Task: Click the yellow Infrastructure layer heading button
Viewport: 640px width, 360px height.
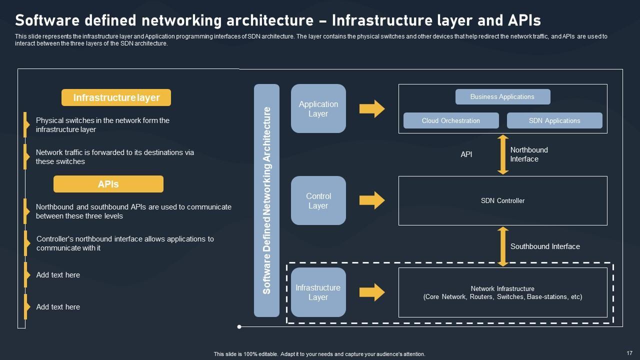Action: click(x=116, y=97)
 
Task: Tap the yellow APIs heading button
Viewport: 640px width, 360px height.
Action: click(x=108, y=184)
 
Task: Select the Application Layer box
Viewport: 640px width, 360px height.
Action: click(x=318, y=108)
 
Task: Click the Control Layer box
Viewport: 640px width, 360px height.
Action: click(x=318, y=200)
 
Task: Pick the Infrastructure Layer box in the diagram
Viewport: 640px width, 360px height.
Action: click(x=318, y=292)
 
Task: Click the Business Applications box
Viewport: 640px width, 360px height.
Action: click(x=502, y=96)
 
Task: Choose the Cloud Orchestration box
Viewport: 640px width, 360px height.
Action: click(x=451, y=120)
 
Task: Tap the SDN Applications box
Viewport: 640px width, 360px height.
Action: click(x=554, y=120)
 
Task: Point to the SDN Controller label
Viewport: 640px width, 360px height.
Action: click(x=502, y=200)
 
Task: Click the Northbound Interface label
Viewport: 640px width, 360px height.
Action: click(x=529, y=154)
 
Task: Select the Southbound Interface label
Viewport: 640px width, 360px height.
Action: click(x=545, y=246)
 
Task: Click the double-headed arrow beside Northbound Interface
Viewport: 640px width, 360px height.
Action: click(x=503, y=154)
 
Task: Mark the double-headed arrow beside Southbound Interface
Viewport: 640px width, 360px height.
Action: click(x=503, y=246)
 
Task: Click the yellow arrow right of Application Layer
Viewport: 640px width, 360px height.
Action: click(x=372, y=108)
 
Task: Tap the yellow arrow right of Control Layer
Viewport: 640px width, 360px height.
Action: click(x=372, y=200)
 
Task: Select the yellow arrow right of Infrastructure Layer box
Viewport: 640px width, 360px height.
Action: click(x=372, y=292)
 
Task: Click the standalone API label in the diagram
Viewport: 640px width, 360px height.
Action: click(x=466, y=154)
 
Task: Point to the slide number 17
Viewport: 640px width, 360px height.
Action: click(x=629, y=352)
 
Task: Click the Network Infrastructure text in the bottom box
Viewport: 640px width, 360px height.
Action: click(x=502, y=288)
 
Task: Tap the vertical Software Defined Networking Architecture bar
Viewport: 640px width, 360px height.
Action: click(x=266, y=200)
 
